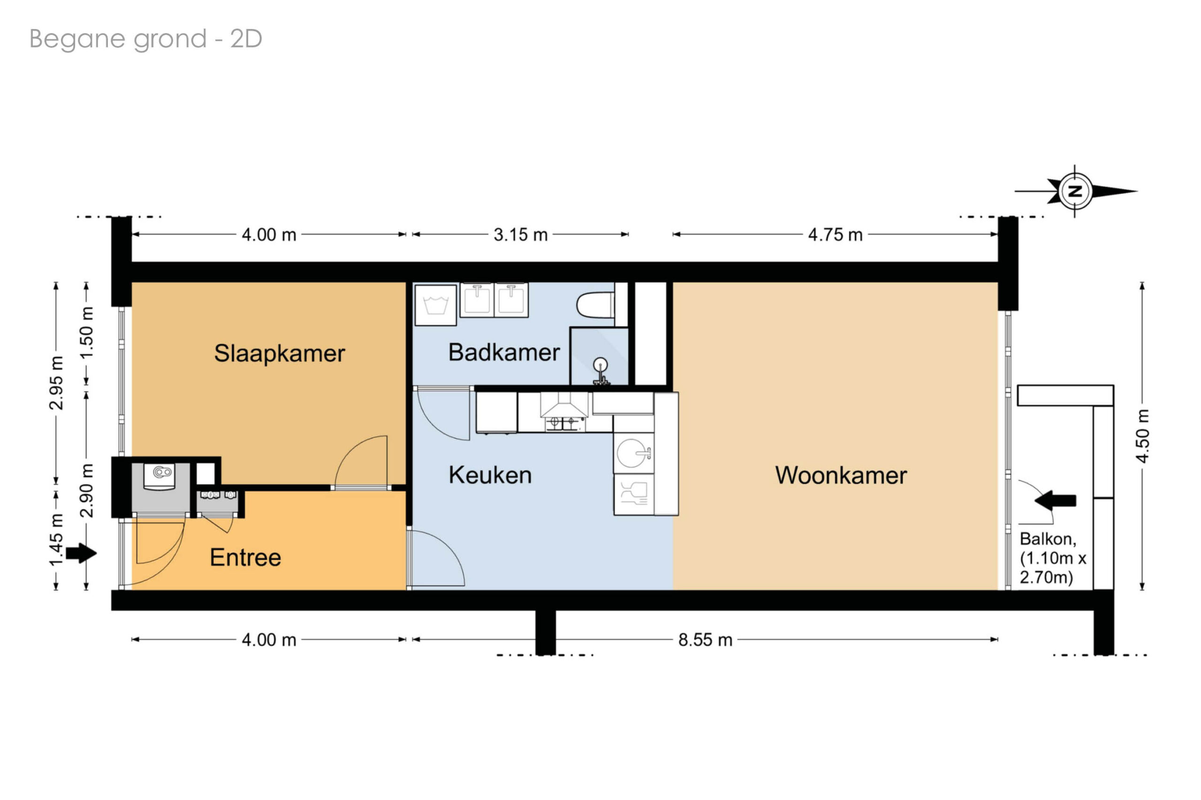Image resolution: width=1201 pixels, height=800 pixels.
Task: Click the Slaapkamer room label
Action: [x=279, y=354]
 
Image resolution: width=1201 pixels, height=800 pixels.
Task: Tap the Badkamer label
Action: [x=504, y=353]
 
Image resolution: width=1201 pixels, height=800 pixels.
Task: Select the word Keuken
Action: [x=490, y=475]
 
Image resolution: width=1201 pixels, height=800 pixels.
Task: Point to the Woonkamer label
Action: [x=841, y=475]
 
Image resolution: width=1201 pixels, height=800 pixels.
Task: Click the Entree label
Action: [x=245, y=557]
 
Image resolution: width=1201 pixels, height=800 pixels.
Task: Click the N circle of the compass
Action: [x=1075, y=191]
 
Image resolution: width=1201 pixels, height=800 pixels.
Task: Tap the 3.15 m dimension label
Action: [x=520, y=234]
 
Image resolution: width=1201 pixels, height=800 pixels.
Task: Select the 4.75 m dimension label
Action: [x=835, y=234]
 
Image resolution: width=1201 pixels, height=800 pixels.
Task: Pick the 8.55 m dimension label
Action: [x=705, y=640]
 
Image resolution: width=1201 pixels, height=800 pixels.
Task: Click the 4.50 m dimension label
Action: [x=1142, y=436]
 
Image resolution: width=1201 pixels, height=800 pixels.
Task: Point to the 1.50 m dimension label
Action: [x=86, y=333]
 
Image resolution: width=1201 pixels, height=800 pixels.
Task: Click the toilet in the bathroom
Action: [x=595, y=305]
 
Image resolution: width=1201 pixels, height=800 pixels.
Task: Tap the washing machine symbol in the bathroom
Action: [x=435, y=305]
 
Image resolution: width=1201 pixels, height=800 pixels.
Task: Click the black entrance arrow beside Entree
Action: [x=81, y=552]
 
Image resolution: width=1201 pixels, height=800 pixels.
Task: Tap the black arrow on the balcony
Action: [x=1055, y=500]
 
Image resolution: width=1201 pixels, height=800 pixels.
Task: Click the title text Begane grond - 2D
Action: [x=145, y=39]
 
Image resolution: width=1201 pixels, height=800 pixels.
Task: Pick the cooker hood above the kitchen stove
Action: [x=564, y=406]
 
